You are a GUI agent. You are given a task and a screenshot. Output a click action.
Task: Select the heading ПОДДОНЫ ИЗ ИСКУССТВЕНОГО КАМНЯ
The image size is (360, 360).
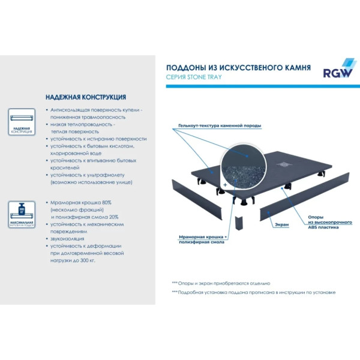point(238,68)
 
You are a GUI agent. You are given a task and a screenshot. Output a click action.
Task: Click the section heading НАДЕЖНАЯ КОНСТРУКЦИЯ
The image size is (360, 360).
point(85,97)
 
